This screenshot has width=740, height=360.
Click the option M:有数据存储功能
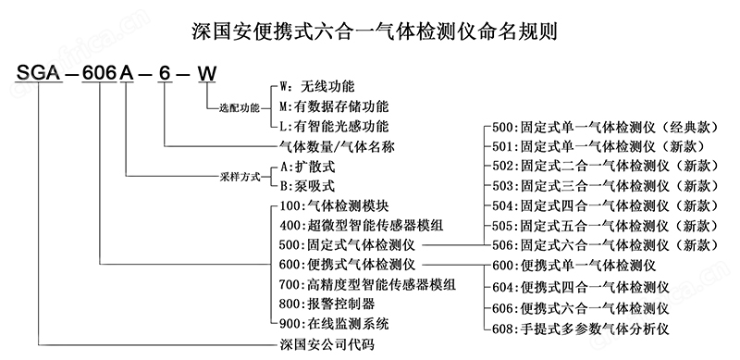tap(338, 106)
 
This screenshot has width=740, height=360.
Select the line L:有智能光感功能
tap(338, 126)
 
